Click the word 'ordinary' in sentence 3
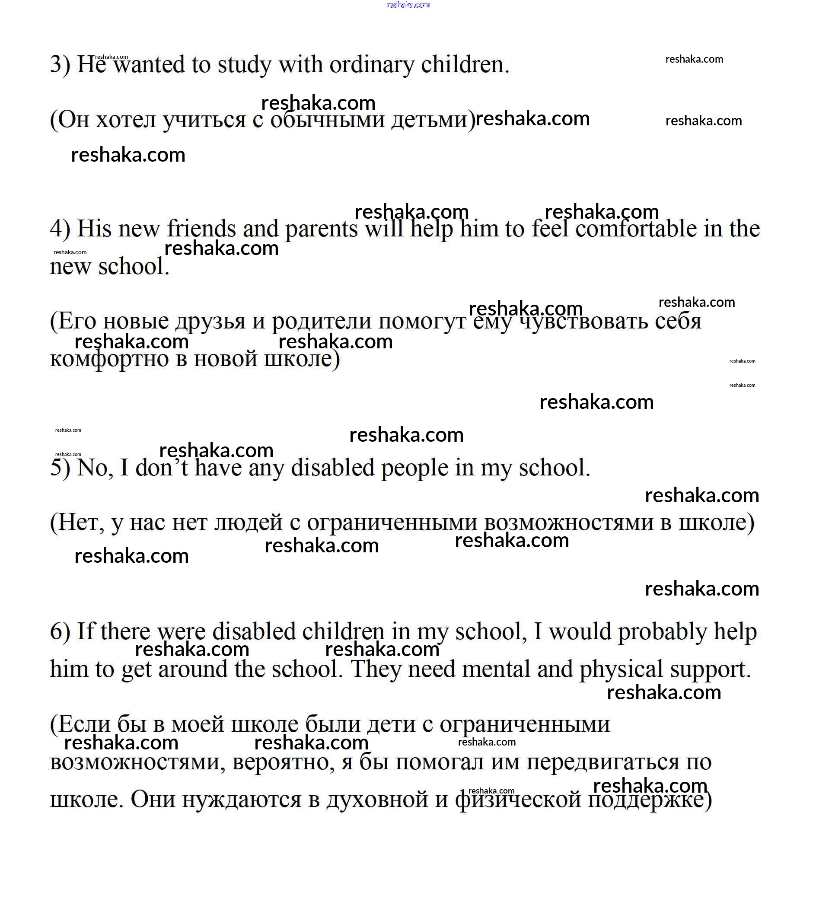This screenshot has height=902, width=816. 372,65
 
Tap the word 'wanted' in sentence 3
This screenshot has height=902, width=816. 148,65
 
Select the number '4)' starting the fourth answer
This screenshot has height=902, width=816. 60,229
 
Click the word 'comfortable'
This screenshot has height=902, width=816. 636,229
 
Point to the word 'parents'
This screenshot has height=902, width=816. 321,229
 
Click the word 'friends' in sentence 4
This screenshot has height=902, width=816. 201,229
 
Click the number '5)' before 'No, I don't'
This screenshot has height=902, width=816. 60,468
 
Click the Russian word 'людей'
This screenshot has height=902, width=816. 248,522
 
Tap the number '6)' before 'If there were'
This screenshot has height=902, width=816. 60,632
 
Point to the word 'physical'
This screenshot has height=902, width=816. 621,669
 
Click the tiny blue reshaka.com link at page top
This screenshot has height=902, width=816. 408,5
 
